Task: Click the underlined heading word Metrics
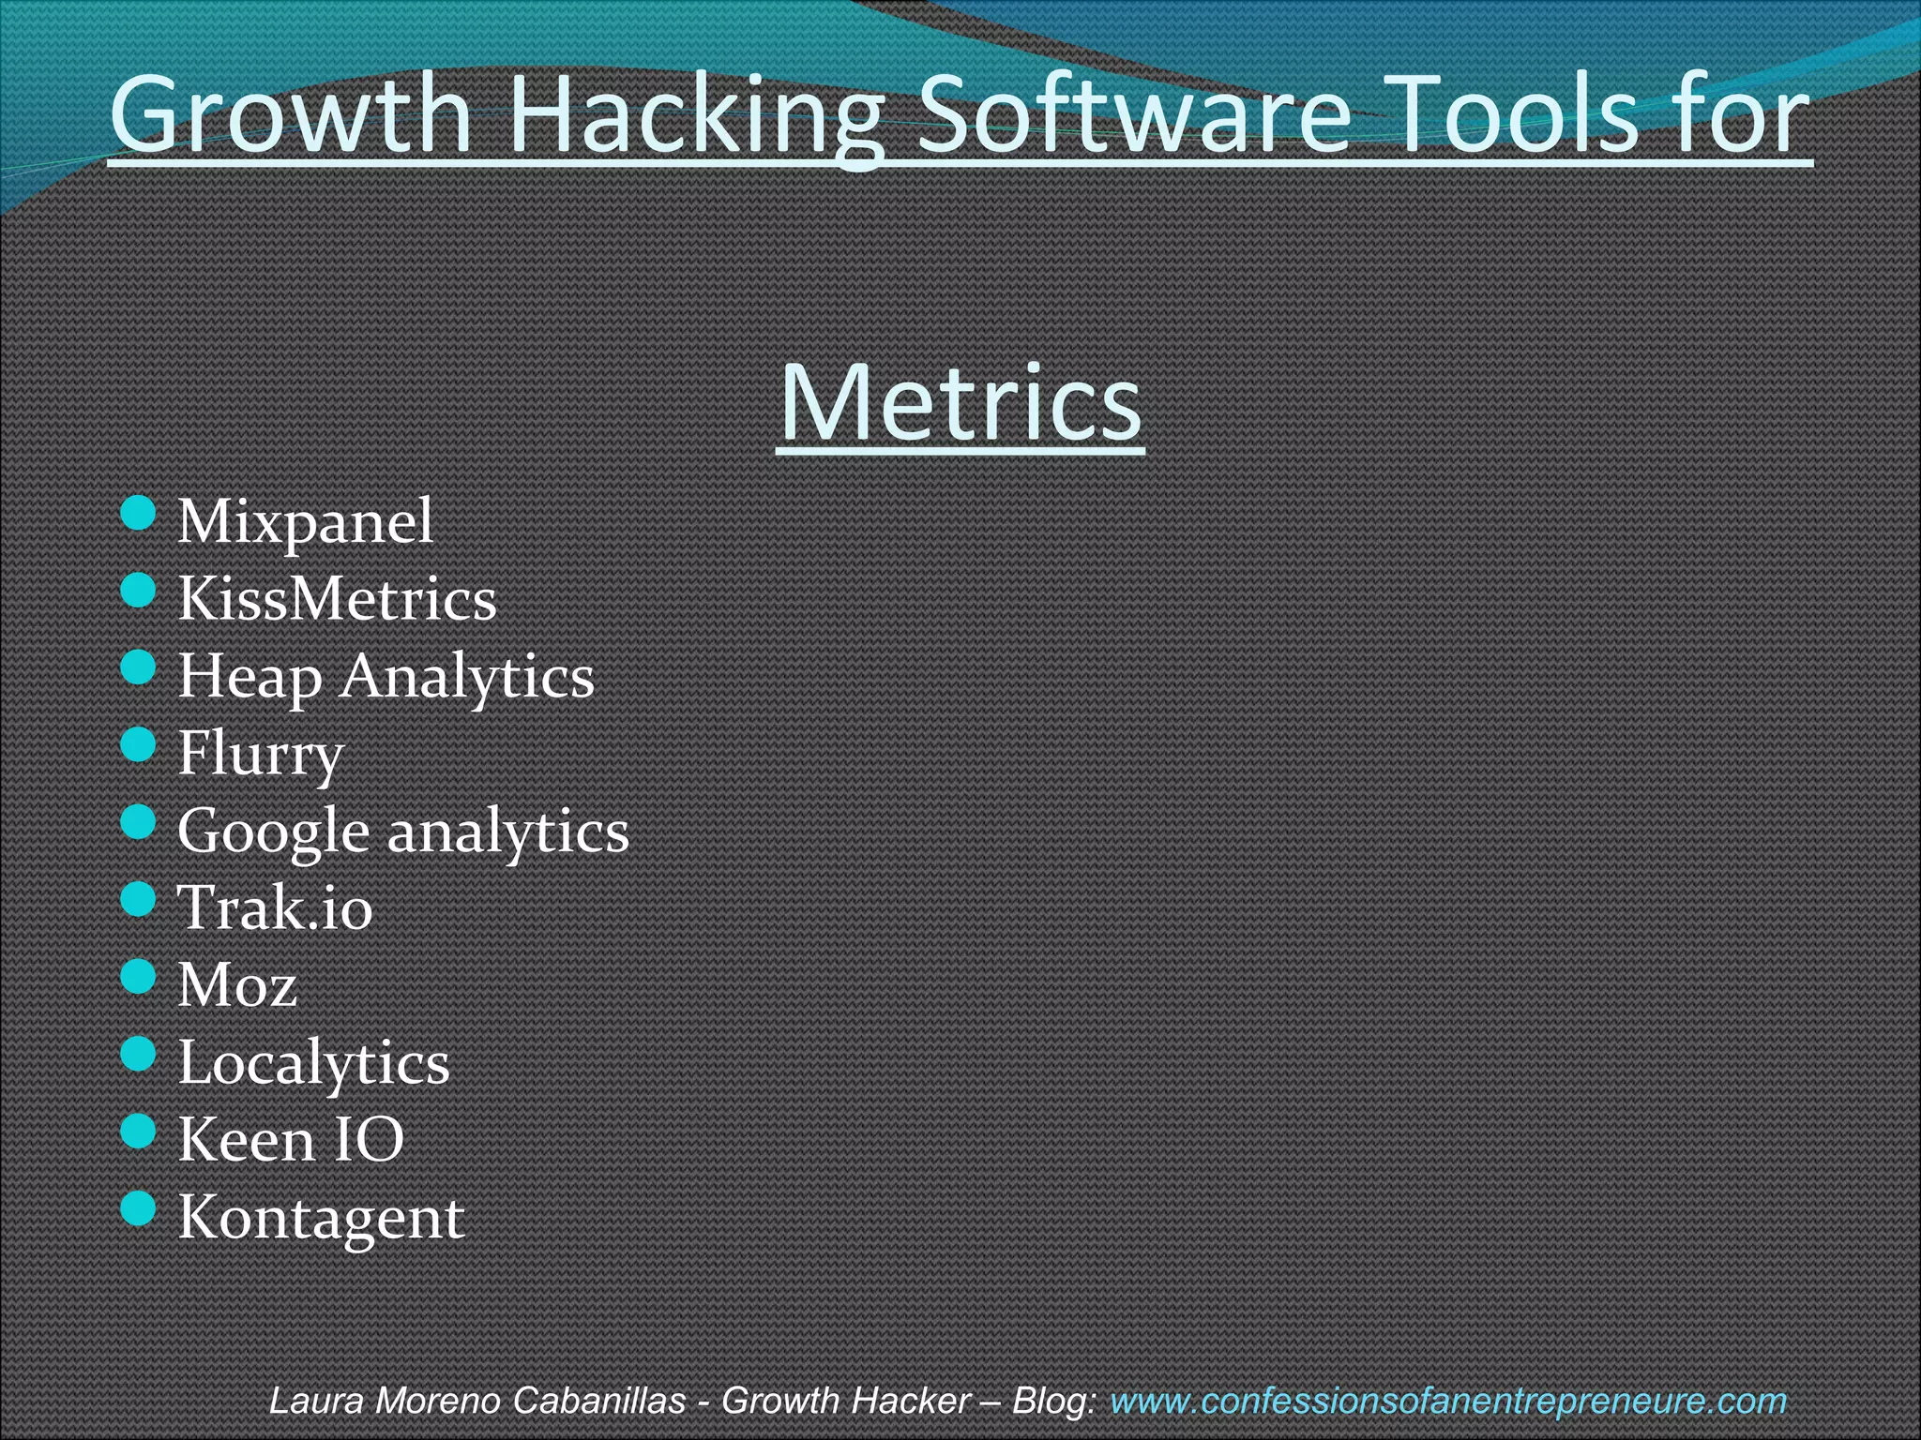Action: coord(960,403)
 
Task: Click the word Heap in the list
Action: coord(250,676)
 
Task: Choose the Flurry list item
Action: coord(261,754)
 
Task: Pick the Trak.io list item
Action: coord(275,907)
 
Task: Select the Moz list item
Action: coord(237,984)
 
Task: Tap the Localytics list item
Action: coord(313,1062)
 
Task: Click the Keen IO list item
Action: coord(291,1140)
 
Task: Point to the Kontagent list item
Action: coord(321,1217)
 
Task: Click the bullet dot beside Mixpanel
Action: coord(138,514)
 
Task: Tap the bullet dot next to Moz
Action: coord(138,977)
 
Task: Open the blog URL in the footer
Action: coord(1447,1401)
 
